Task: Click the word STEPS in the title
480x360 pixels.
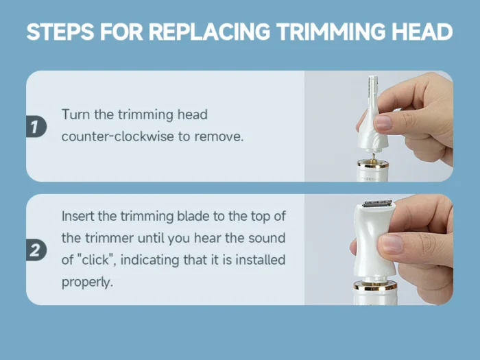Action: [x=60, y=32]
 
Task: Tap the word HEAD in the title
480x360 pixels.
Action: [x=422, y=32]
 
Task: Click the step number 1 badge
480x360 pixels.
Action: [x=36, y=126]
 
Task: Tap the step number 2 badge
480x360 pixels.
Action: [x=36, y=250]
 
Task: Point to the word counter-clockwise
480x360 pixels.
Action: [x=117, y=136]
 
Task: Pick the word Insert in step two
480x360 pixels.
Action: [x=77, y=216]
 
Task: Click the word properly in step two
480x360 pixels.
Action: [x=87, y=283]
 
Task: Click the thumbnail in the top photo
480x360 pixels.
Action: [x=383, y=122]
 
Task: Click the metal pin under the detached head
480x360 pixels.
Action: [x=374, y=157]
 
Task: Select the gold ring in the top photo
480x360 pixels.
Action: [x=373, y=165]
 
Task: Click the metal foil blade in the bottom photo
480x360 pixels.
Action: [x=377, y=203]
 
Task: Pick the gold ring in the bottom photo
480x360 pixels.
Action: [x=374, y=286]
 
